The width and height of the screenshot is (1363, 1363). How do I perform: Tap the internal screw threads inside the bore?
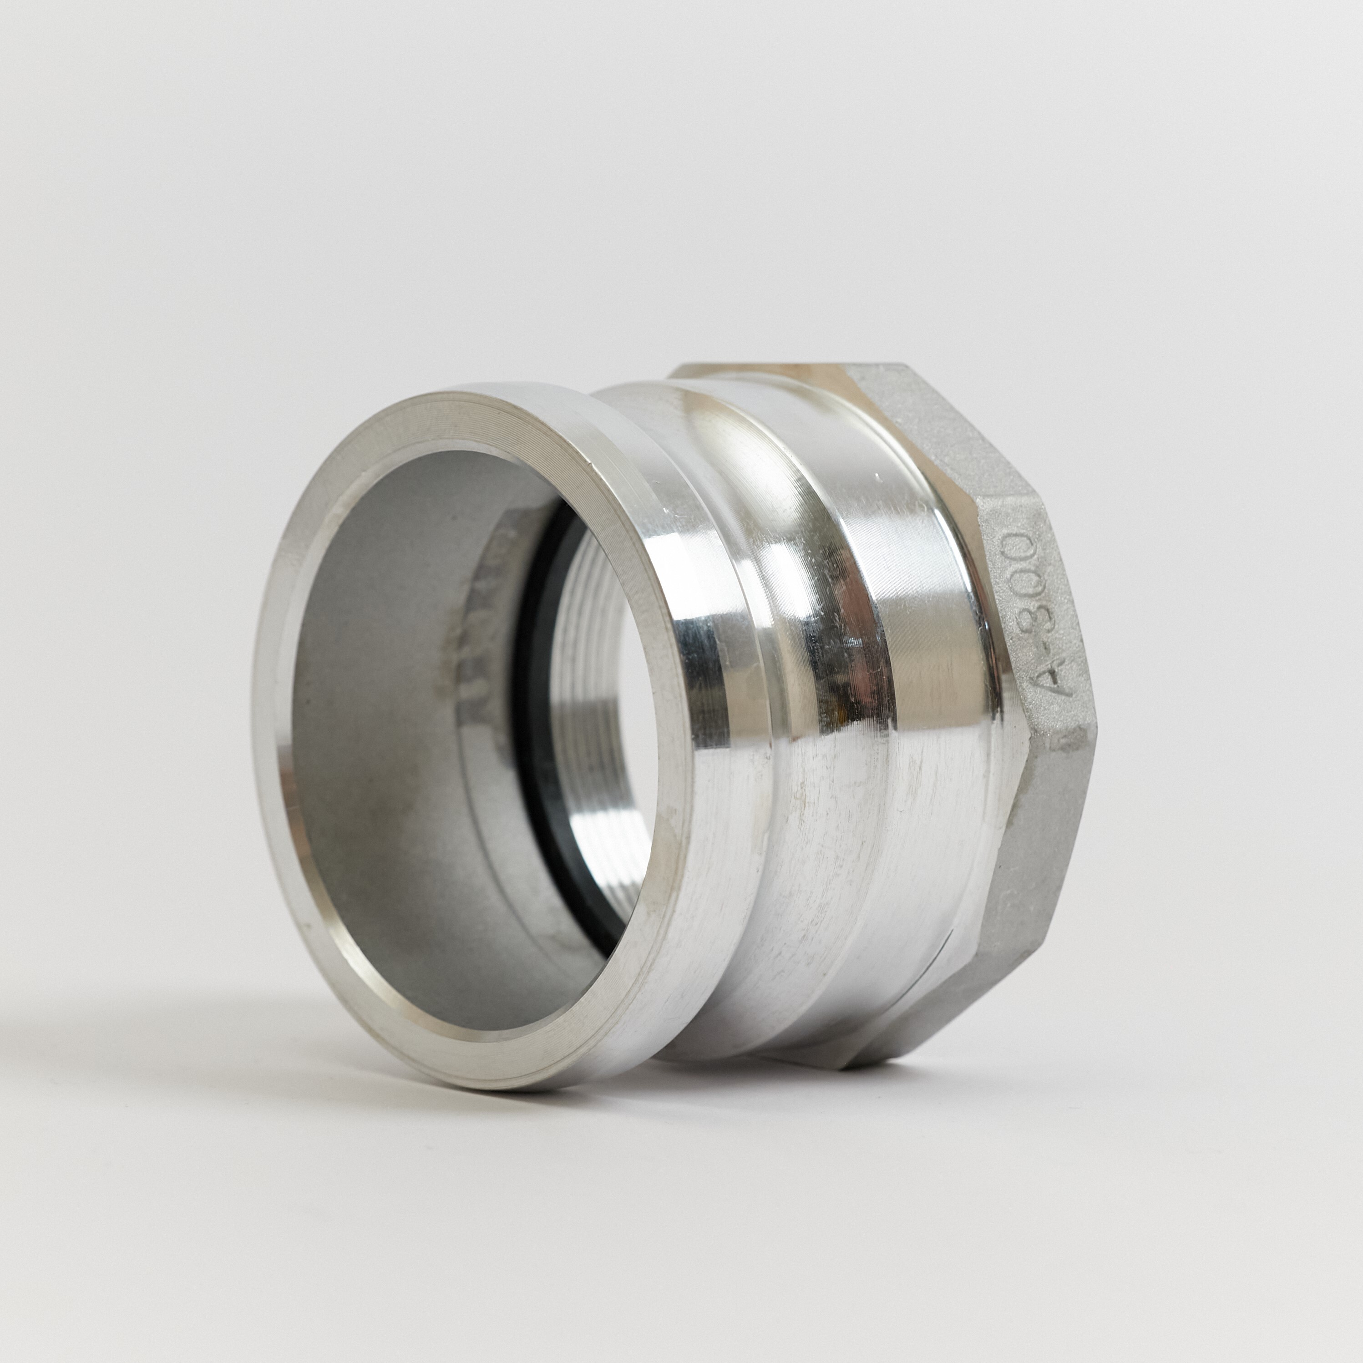coord(593,705)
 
